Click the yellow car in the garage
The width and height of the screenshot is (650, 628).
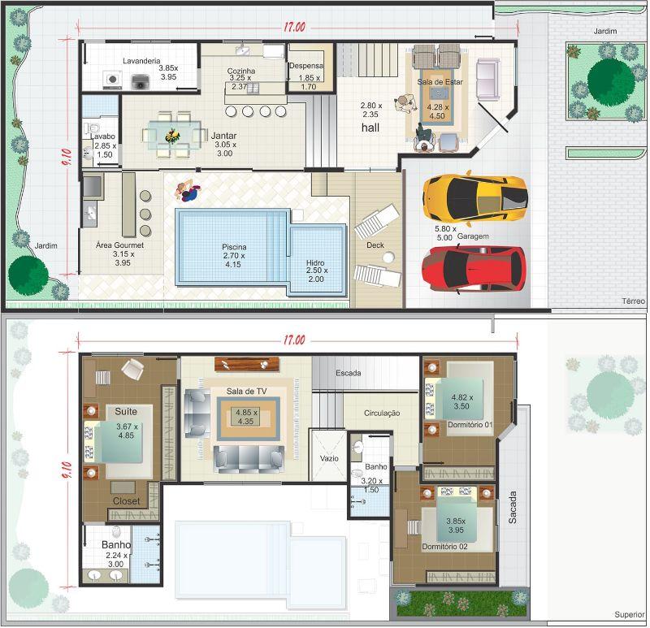pos(475,198)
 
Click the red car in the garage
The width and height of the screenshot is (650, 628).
pos(474,270)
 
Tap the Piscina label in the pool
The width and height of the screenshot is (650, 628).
pos(234,247)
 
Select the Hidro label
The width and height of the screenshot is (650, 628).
pos(315,262)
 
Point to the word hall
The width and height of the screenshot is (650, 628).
pos(370,128)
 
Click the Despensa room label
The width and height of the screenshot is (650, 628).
pos(306,66)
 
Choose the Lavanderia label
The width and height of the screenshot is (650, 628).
pos(141,61)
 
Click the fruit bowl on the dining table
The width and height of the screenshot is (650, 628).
pos(172,135)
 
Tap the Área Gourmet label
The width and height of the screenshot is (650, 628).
pos(119,245)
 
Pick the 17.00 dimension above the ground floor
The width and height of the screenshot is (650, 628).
pos(294,28)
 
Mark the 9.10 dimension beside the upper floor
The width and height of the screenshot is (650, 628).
pos(67,470)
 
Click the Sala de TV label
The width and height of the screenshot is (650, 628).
pos(246,392)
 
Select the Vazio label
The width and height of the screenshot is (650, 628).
pos(329,458)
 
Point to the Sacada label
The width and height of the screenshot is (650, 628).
pos(513,508)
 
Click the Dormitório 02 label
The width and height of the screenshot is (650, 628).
pos(444,547)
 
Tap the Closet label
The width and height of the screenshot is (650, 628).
pos(127,501)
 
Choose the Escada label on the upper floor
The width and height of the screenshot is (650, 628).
pos(349,373)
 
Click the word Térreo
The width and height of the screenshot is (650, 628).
pos(634,301)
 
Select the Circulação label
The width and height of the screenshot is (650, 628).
pos(382,414)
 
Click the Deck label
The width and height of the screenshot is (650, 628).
pos(375,245)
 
